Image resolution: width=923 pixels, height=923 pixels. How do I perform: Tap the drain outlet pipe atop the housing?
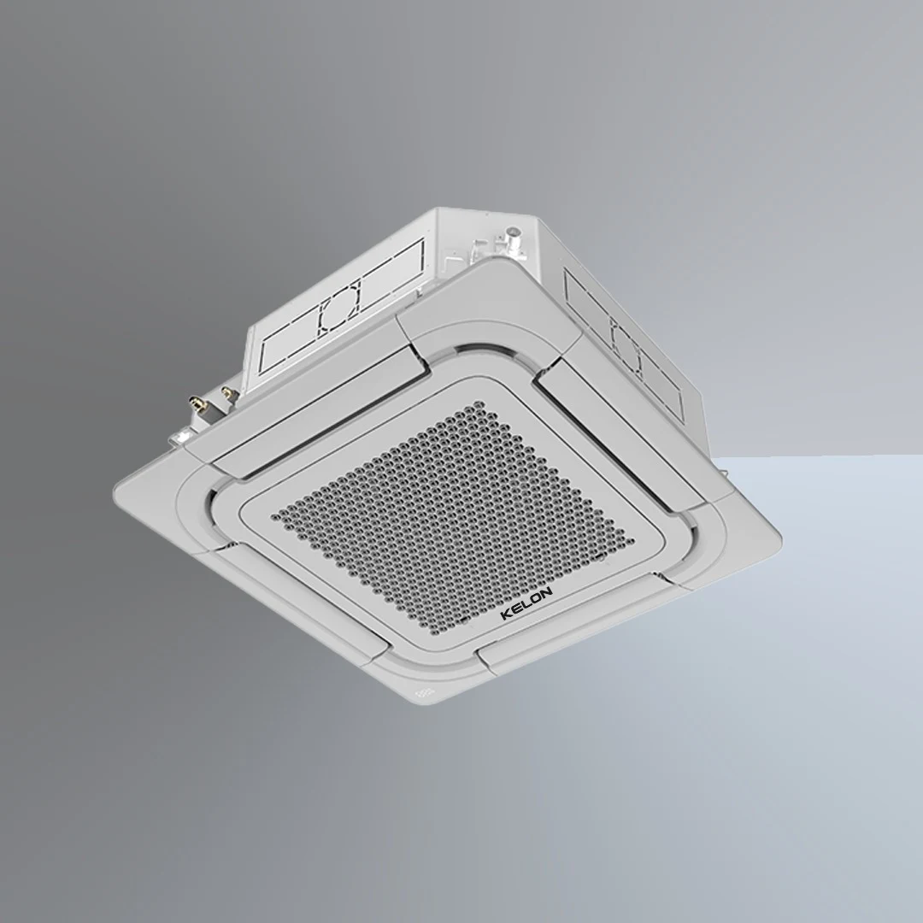tap(514, 232)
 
